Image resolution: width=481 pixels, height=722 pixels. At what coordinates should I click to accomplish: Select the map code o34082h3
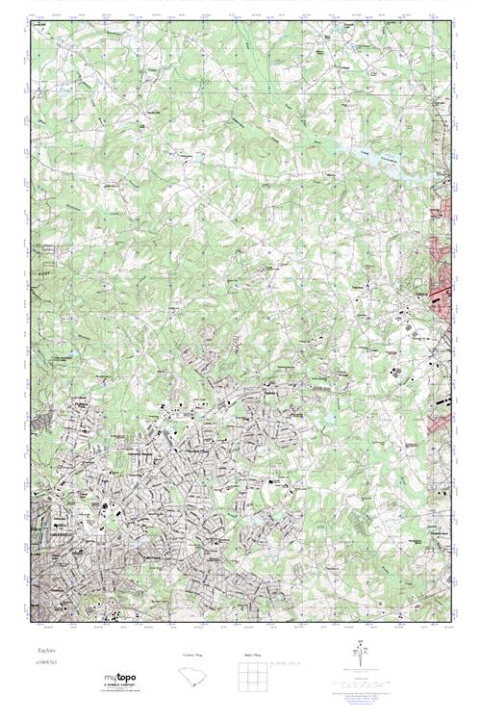41,665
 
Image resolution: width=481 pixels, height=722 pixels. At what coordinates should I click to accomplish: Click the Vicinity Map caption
195,654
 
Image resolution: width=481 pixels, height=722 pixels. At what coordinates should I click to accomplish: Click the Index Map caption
252,654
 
